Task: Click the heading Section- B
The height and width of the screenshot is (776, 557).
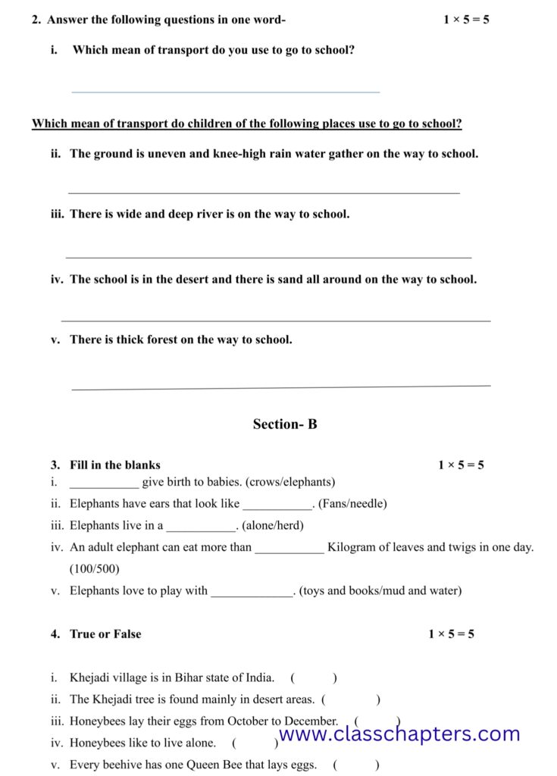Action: pos(285,424)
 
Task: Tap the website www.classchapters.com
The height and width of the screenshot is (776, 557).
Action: pos(399,734)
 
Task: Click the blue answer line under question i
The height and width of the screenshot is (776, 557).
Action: pos(225,92)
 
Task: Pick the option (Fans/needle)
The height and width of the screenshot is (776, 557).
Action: pos(352,504)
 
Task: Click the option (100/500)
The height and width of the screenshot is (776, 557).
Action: pos(95,569)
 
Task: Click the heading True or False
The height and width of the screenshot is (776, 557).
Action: pos(105,634)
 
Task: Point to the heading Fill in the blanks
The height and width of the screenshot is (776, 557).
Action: pos(115,465)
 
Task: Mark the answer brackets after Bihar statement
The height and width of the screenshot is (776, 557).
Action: pos(314,678)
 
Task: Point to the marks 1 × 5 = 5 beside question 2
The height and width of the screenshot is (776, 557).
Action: pos(466,20)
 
